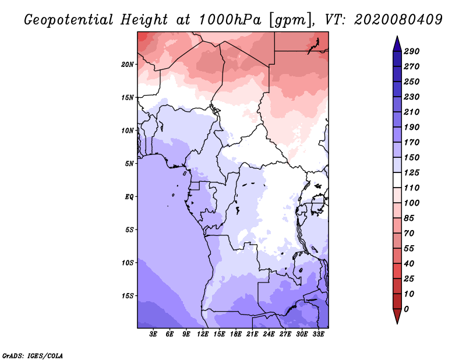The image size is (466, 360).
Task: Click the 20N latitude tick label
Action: click(128, 65)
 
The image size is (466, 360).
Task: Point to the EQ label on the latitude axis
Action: click(129, 197)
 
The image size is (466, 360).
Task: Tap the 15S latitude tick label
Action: click(128, 296)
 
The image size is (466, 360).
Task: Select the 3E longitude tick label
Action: click(153, 334)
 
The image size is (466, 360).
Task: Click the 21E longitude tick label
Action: click(252, 334)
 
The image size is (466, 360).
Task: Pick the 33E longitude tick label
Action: click(318, 334)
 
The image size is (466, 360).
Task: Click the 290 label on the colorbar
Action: click(412, 51)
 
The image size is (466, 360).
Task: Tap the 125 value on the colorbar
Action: click(412, 172)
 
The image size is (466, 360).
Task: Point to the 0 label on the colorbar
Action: click(406, 309)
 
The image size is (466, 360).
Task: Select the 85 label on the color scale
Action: click(409, 218)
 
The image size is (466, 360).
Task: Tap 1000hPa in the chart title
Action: click(230, 20)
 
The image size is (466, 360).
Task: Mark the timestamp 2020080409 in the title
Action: click(398, 20)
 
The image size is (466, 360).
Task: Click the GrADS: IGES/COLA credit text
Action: click(33, 356)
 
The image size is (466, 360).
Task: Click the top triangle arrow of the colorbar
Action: click(397, 44)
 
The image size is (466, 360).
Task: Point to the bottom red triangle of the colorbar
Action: click(397, 316)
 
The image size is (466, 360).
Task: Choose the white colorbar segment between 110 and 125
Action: click(397, 180)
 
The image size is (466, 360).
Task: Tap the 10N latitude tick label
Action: click(128, 130)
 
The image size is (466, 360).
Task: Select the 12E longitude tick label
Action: click(202, 334)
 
